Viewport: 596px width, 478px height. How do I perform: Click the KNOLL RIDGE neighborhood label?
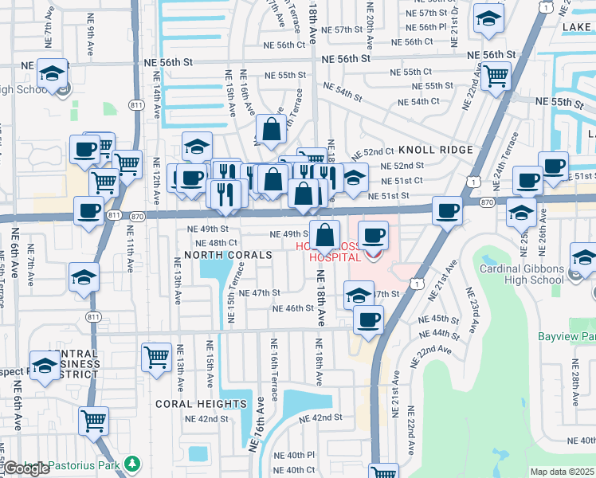pos(436,150)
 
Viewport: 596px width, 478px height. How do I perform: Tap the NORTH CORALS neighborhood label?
pos(228,255)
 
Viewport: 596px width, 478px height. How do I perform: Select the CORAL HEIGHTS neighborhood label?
pos(202,404)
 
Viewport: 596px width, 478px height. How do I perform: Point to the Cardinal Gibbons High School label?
pos(522,274)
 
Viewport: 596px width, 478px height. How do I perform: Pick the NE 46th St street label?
pos(293,308)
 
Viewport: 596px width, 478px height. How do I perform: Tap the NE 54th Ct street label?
pos(418,101)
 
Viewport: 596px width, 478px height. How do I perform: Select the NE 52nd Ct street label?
pos(373,151)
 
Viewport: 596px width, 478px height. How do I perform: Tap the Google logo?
pos(26,468)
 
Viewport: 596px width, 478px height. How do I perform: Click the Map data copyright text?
pos(563,472)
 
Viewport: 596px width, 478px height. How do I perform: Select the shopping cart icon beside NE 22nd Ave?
pos(496,76)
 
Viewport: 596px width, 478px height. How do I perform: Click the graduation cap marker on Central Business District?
pos(45,366)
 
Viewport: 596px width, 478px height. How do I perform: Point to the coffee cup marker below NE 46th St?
pos(367,320)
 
